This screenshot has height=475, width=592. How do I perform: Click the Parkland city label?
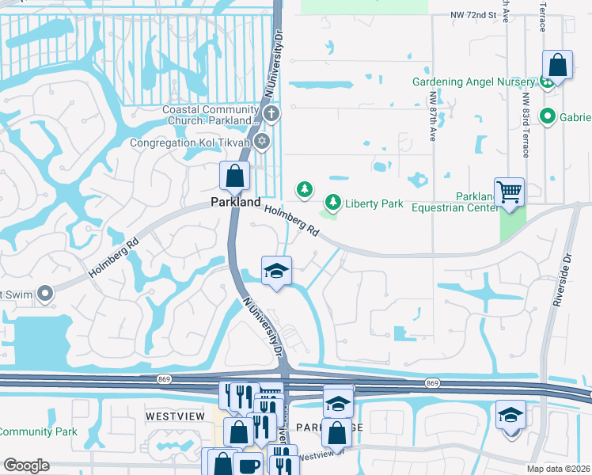coord(235,203)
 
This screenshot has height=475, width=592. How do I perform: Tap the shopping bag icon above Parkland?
coord(235,176)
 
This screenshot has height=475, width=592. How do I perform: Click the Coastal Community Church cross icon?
coord(271,113)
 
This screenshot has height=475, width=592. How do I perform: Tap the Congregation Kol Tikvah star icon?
coord(263,142)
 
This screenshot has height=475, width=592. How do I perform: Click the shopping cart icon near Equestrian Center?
coord(510,191)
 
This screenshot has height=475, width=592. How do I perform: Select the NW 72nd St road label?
coord(472,15)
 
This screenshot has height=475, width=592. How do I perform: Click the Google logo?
coord(27,465)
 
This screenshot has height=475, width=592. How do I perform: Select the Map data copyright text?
coord(559,469)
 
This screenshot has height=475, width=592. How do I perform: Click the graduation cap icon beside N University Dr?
coord(276,271)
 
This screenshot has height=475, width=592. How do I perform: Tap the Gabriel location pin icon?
coord(547,117)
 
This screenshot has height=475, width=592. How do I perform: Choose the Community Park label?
coord(38,431)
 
